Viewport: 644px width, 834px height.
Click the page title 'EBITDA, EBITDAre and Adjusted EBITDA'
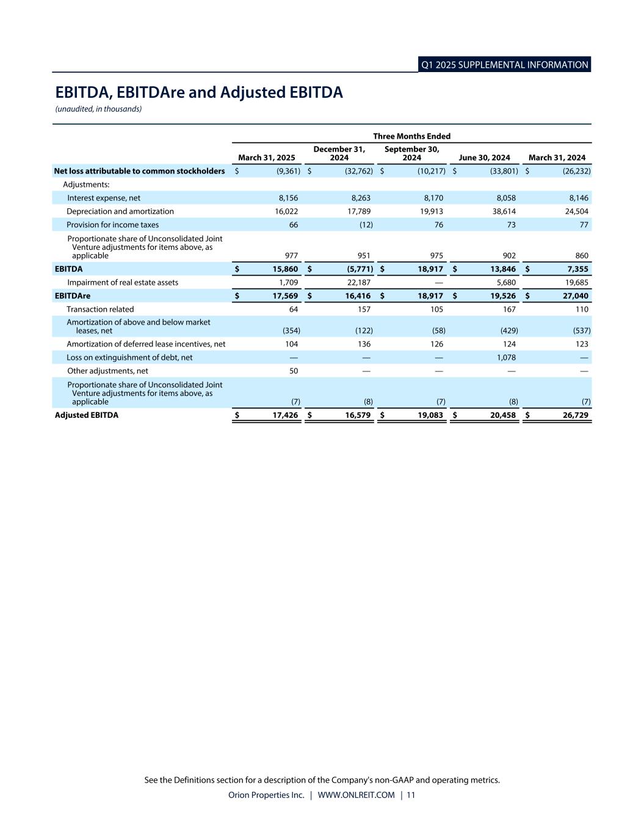tap(199, 92)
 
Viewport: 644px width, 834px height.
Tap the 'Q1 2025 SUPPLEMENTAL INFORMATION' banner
tap(504, 65)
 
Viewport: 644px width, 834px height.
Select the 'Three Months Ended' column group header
tap(412, 136)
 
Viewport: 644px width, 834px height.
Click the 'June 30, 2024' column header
tap(484, 158)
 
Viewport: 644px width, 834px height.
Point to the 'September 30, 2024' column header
tap(412, 153)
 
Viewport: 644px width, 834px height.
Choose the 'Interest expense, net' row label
tap(104, 198)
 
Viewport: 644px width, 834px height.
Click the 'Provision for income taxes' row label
tap(112, 225)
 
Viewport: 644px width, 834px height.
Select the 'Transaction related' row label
tap(100, 309)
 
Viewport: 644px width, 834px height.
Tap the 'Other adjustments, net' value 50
tap(293, 371)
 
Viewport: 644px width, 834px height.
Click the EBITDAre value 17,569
tap(283, 296)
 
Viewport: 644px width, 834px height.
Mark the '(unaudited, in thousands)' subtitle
tap(98, 109)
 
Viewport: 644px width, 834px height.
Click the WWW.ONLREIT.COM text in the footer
tap(356, 795)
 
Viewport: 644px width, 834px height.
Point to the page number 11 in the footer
tap(411, 795)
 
